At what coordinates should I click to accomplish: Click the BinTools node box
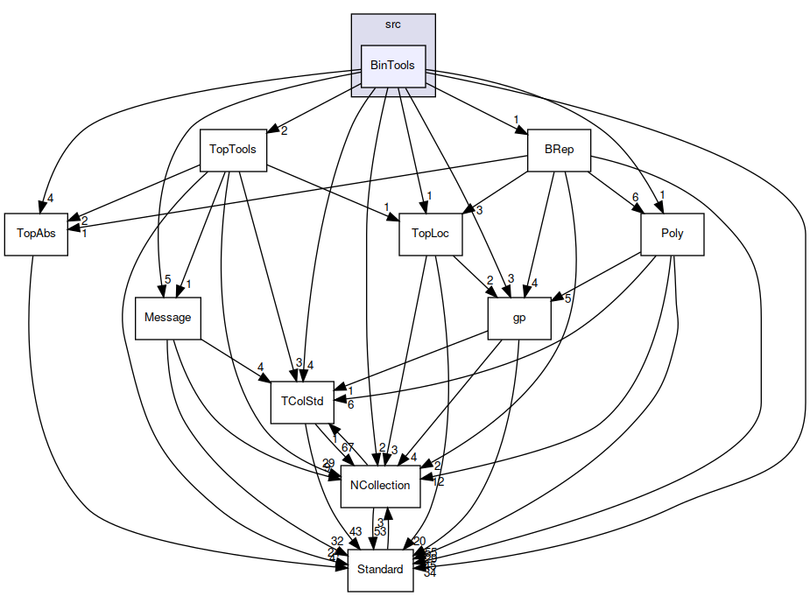coord(393,66)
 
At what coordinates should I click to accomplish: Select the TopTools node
coord(233,149)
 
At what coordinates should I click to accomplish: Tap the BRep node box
coord(559,149)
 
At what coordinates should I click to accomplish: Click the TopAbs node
coord(36,234)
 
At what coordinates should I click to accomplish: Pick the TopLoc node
coord(430,234)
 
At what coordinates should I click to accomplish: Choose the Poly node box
coord(673,234)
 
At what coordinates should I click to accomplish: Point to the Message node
coord(168,318)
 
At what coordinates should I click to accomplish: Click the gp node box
coord(518,318)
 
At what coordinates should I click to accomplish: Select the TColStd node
coord(302,402)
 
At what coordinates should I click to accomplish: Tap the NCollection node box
coord(379,486)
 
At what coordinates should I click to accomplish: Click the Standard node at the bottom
coord(380,570)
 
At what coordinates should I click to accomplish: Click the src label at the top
coord(393,24)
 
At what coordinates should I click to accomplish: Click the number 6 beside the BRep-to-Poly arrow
coord(636,198)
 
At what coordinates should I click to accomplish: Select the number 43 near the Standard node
coord(355,532)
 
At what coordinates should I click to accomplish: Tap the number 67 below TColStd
coord(348,447)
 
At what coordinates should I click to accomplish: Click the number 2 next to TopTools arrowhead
coord(284,130)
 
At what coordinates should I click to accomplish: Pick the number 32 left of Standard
coord(336,542)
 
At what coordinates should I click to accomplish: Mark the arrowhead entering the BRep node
coord(522,133)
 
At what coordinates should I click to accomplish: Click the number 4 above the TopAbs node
coord(50,198)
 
